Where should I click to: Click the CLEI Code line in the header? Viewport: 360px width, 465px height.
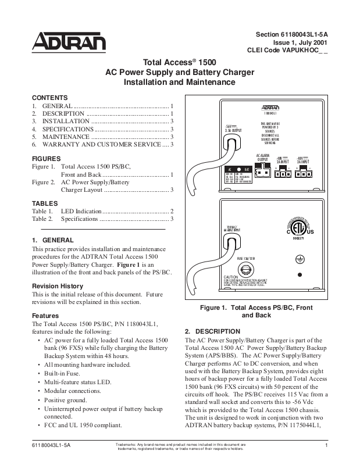point(288,51)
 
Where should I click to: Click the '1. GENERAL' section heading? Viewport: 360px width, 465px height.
point(52,240)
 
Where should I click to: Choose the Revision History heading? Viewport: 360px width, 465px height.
point(57,286)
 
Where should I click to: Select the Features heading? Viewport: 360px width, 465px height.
point(45,316)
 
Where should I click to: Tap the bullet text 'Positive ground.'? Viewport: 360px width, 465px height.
point(69,401)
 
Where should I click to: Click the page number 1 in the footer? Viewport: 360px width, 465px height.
point(328,445)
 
